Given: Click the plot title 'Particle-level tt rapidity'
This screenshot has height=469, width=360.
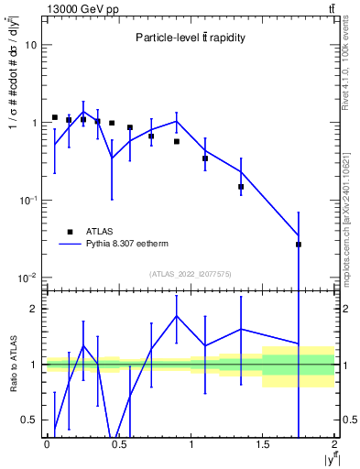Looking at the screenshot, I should point(191,38).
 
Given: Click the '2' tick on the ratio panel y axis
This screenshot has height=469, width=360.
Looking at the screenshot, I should point(37,309).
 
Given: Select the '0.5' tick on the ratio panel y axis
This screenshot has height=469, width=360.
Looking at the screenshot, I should point(32,420).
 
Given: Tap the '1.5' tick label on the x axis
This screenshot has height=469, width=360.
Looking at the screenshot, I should point(263,444).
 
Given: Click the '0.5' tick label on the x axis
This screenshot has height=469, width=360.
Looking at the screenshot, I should point(118,444).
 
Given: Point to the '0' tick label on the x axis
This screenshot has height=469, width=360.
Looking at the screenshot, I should point(47,444).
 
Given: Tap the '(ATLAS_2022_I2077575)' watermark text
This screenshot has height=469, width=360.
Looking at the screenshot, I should point(191,274).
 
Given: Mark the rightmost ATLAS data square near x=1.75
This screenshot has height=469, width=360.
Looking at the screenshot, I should point(299,245).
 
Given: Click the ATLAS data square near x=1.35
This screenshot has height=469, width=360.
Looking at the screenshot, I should point(241,187).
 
